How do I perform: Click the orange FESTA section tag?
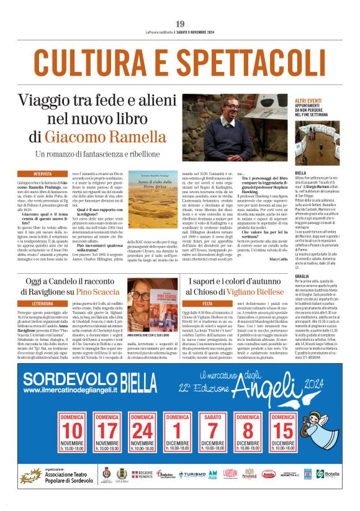(x=193, y=304)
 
